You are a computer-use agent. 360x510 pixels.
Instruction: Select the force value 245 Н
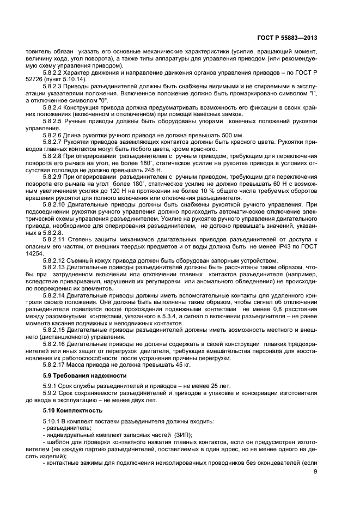pyautogui.click(x=148, y=172)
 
